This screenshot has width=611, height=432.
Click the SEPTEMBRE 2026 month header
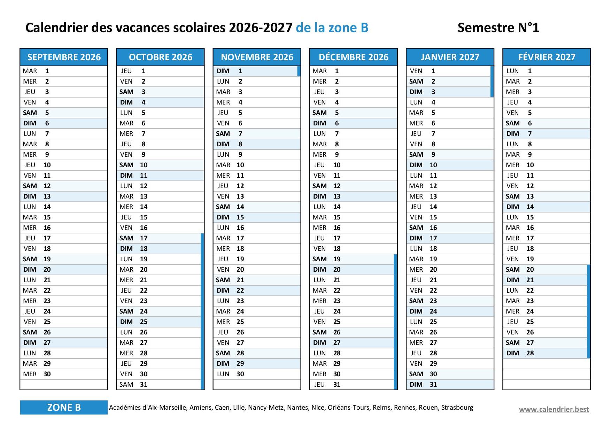pos(64,57)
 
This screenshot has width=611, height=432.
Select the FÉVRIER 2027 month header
pos(547,57)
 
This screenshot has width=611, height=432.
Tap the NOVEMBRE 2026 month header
pos(257,57)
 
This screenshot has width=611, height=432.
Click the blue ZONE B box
pos(64,407)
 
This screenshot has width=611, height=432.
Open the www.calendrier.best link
pos(554,409)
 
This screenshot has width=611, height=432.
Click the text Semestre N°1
pos(498,28)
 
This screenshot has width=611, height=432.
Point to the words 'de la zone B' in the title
pos(332,28)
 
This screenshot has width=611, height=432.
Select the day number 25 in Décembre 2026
pos(337,322)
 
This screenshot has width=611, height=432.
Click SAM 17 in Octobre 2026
pos(134,238)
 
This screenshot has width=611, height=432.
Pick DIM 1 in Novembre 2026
pos(230,71)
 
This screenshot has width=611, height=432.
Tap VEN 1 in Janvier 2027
pos(423,71)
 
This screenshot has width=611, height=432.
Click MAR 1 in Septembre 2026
pos(37,71)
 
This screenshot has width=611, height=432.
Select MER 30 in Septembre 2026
pos(37,374)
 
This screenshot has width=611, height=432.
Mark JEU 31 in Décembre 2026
pos(326,385)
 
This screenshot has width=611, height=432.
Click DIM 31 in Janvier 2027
pos(423,385)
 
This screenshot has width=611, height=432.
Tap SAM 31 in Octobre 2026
pos(134,385)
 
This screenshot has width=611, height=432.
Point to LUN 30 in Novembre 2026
pos(230,374)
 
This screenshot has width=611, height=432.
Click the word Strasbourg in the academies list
pos(457,408)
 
